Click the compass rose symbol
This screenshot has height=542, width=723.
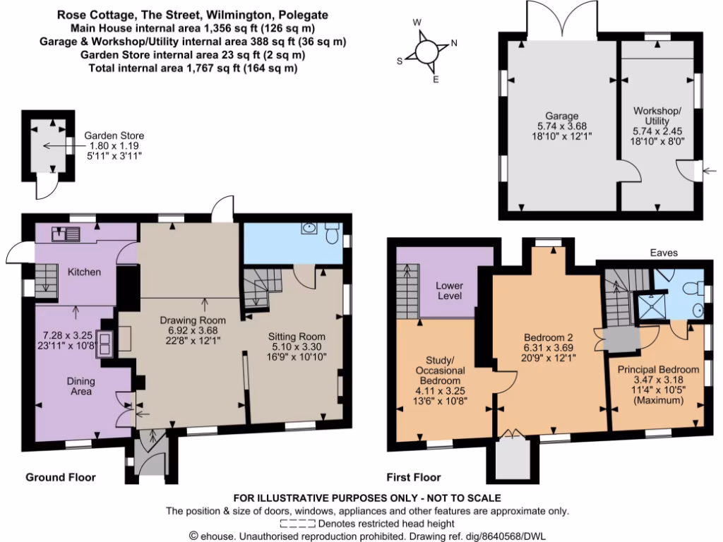(426, 51)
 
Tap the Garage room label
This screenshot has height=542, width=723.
(561, 116)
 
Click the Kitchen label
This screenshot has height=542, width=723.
(84, 272)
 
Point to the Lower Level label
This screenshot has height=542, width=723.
(450, 290)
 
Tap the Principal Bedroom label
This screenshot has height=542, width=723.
(658, 369)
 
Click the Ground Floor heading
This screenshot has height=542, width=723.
(61, 478)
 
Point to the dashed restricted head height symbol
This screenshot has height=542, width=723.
(298, 524)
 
